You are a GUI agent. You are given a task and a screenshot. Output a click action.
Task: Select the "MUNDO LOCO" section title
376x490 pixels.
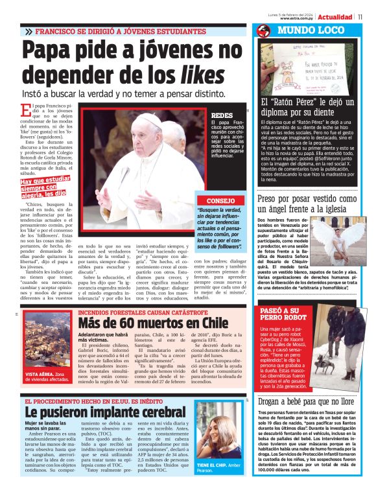(309, 30)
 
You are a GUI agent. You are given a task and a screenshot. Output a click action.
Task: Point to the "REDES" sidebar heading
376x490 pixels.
(222, 115)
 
